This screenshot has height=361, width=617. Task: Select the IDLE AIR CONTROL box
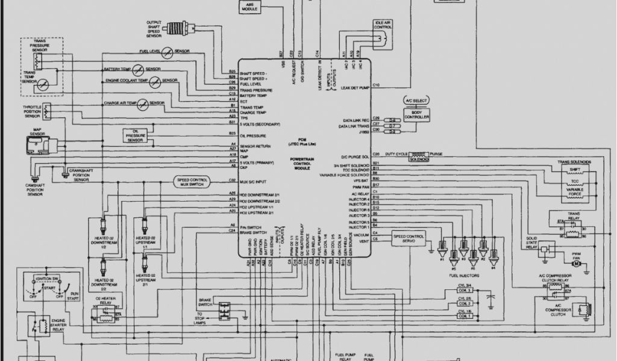click(x=383, y=25)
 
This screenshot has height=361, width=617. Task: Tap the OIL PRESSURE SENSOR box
click(x=135, y=135)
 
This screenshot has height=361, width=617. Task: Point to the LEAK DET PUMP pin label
click(x=354, y=88)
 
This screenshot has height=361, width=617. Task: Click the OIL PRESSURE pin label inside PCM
click(x=252, y=136)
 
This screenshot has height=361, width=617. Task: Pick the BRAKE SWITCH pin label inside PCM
click(x=252, y=232)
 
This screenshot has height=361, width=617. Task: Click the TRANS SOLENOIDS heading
click(x=574, y=162)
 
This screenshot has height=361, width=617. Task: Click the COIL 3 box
click(x=465, y=291)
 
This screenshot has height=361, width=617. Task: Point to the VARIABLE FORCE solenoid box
click(x=574, y=191)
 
